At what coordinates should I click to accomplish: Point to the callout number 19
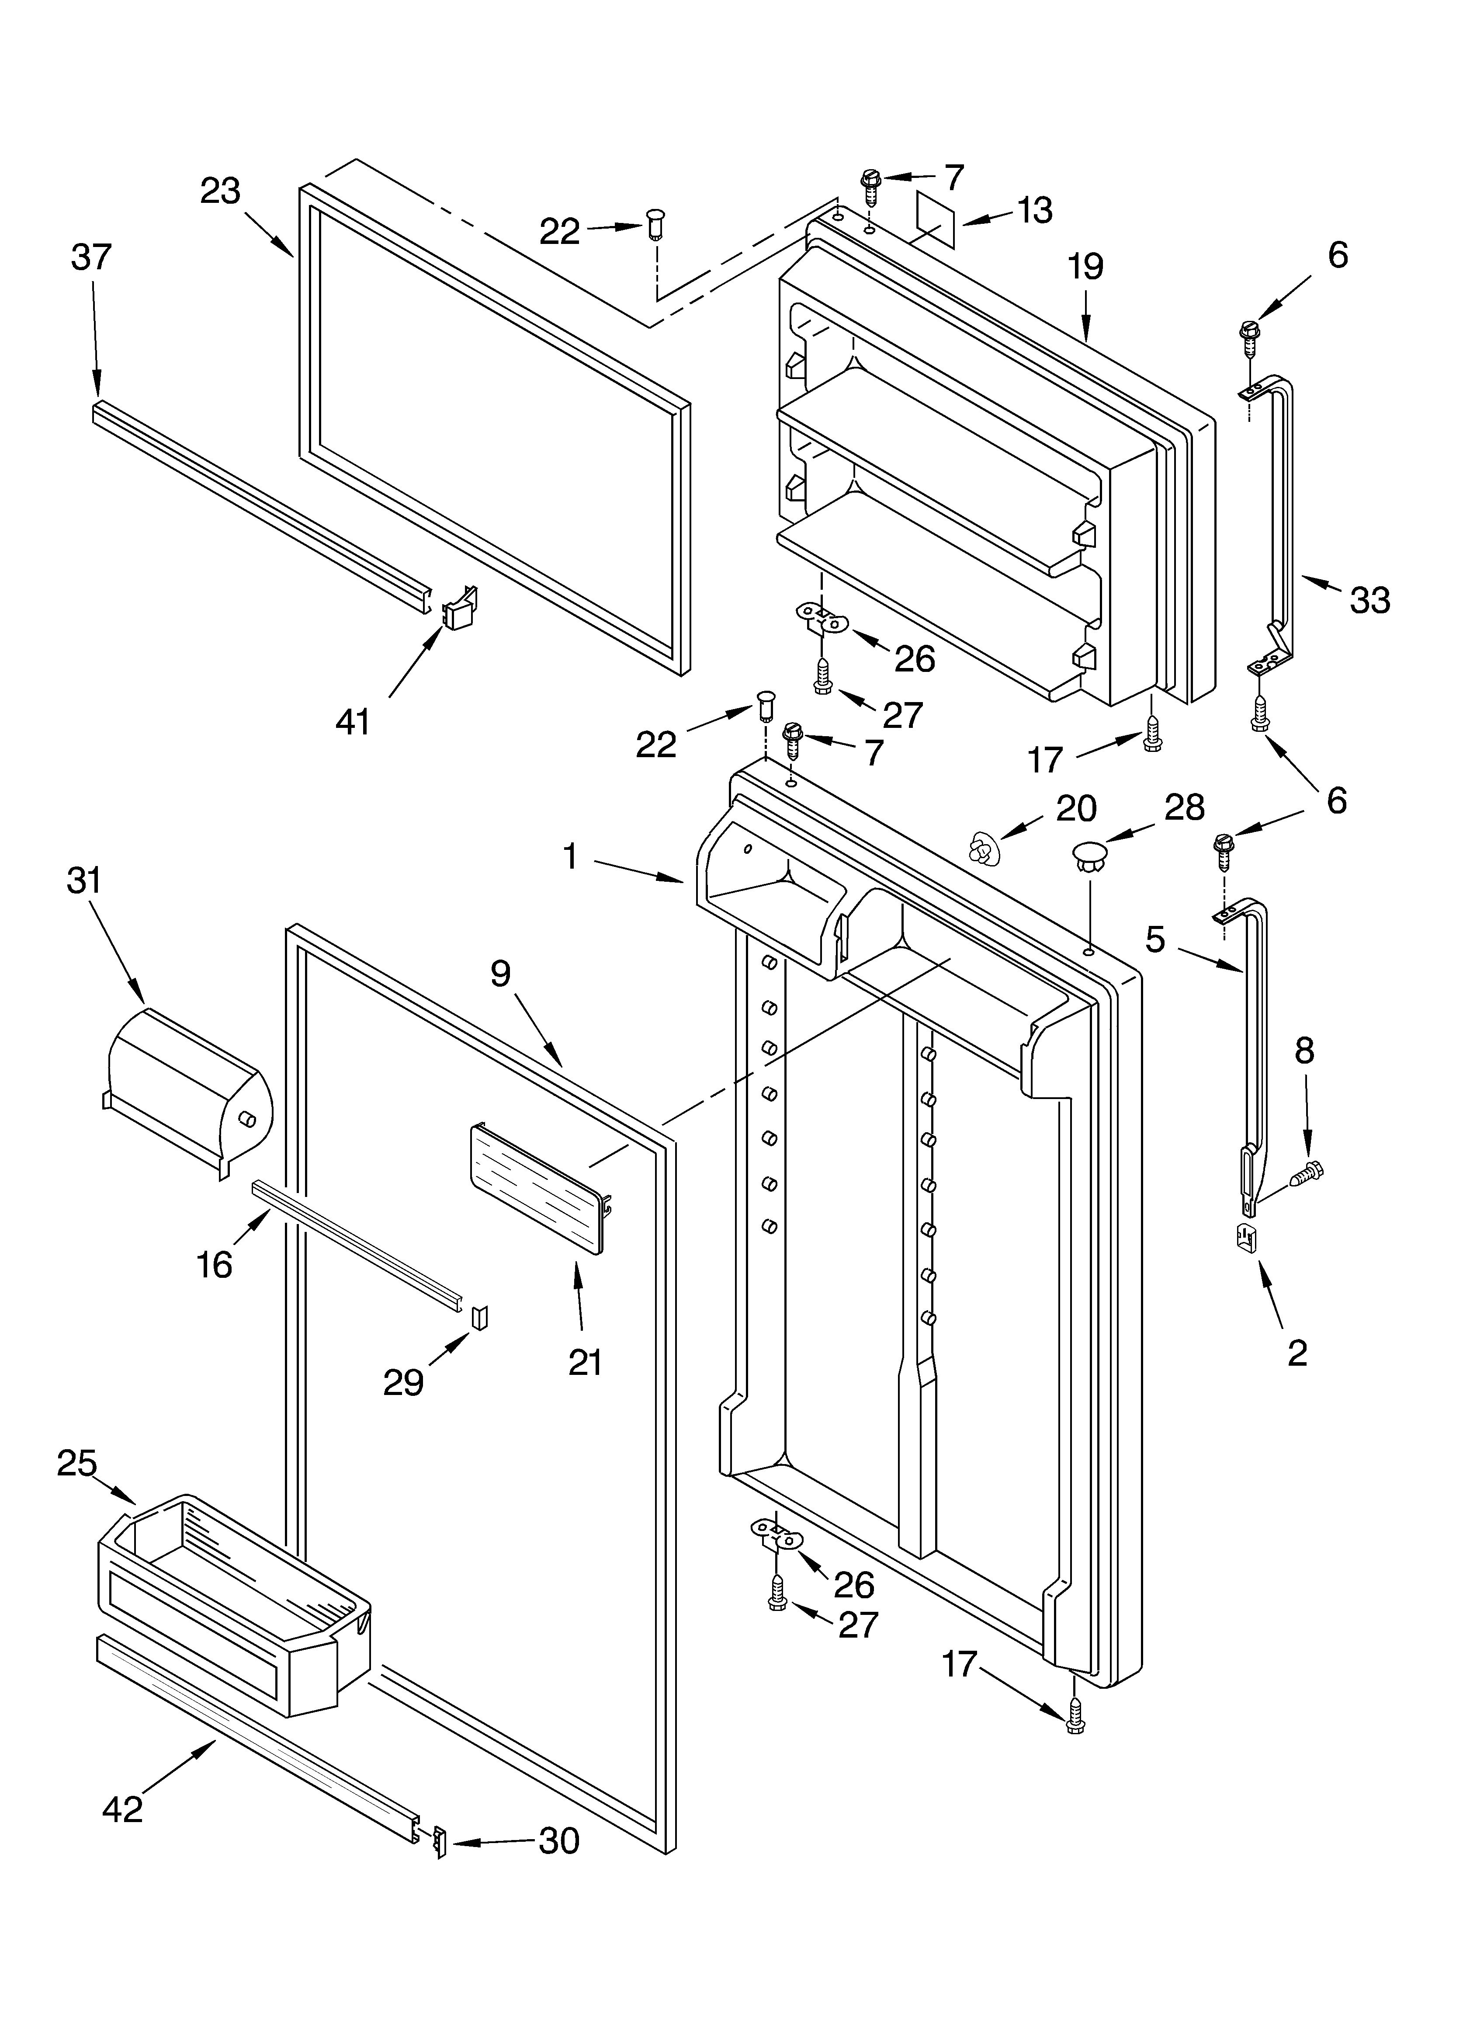(x=1085, y=266)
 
